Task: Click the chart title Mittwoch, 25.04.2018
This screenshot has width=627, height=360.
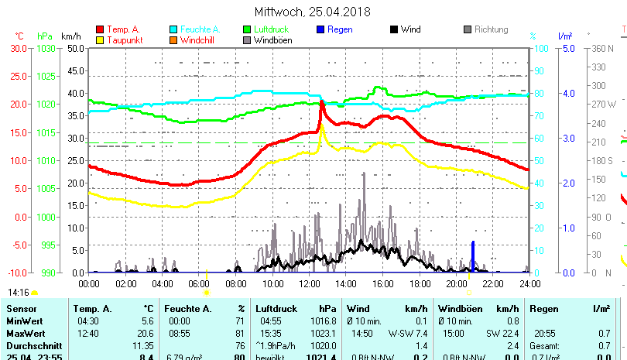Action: click(312, 12)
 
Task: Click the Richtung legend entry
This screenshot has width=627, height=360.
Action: click(491, 29)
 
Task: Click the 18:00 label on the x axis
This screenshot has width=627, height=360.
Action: click(420, 283)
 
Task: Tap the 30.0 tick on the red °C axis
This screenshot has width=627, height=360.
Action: click(17, 48)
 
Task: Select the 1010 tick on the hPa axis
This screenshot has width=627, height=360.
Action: click(46, 161)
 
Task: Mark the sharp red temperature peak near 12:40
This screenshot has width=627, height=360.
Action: click(321, 102)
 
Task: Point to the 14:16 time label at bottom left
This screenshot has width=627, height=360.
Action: click(18, 293)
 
